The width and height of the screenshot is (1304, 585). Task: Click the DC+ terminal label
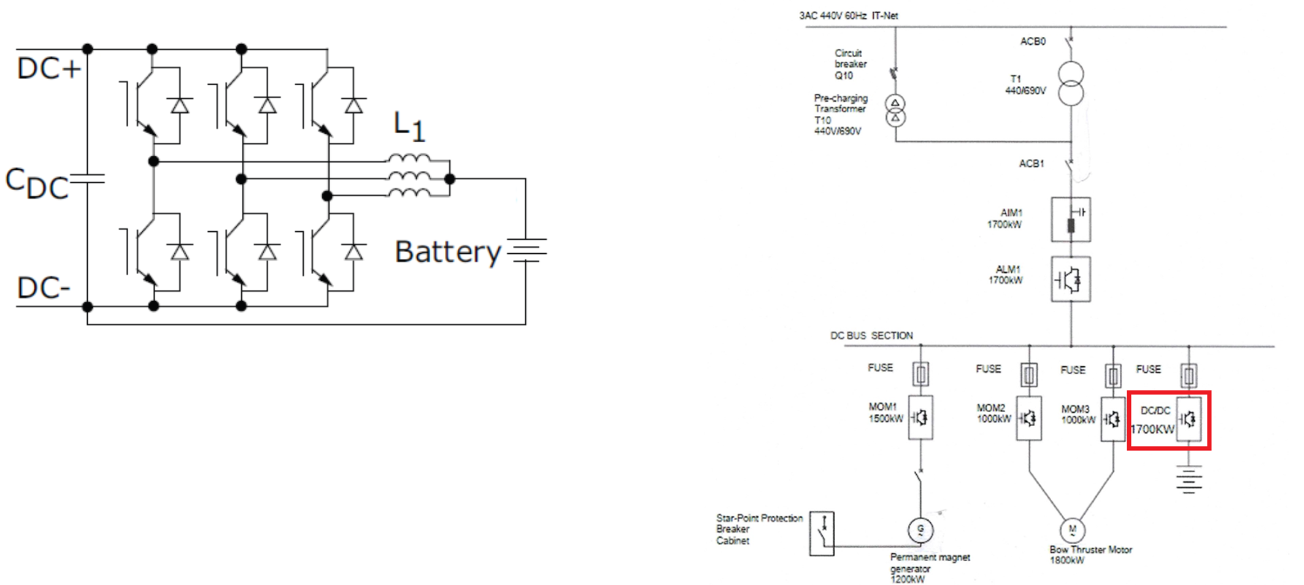coord(49,68)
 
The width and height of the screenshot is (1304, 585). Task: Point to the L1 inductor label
coord(409,127)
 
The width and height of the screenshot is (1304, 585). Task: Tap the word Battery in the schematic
coord(448,251)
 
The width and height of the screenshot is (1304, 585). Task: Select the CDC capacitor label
coord(37,183)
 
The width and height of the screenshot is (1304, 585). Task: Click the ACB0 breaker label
coord(1033,41)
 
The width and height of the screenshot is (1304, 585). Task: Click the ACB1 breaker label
coord(1032,164)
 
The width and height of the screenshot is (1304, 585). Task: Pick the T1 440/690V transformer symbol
coord(1071,85)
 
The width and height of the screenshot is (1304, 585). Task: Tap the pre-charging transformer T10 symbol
coord(895,110)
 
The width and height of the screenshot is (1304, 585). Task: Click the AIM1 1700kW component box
coord(1071,219)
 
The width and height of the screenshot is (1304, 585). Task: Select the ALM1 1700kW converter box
coord(1071,280)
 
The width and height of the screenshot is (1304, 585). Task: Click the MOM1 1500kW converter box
coord(920,418)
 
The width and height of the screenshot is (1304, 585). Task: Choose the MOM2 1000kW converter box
coord(1029,418)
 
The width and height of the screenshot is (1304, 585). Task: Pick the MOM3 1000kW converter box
coord(1113,419)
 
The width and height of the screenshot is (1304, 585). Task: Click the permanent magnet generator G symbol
coord(920,529)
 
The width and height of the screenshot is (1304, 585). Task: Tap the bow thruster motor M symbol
coord(1072,529)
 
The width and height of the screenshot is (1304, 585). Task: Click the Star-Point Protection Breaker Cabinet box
coord(822,533)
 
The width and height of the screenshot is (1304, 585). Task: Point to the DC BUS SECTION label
coord(871,335)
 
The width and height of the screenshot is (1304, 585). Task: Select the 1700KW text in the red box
coord(1152,429)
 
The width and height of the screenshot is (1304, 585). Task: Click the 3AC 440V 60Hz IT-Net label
coord(848,15)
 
